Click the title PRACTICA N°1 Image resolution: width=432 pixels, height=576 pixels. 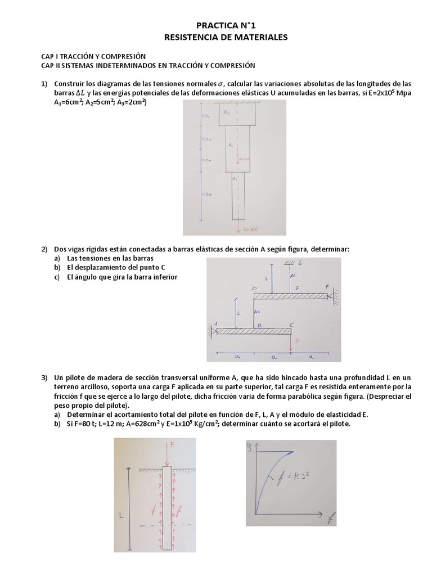pyautogui.click(x=217, y=25)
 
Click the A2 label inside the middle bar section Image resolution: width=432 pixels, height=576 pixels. pyautogui.click(x=231, y=145)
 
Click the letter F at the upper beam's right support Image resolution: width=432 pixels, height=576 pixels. pyautogui.click(x=328, y=287)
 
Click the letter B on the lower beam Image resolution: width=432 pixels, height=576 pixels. pyautogui.click(x=259, y=325)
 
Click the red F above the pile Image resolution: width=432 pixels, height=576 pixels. pyautogui.click(x=173, y=444)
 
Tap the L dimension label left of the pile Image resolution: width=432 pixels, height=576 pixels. pyautogui.click(x=121, y=514)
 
